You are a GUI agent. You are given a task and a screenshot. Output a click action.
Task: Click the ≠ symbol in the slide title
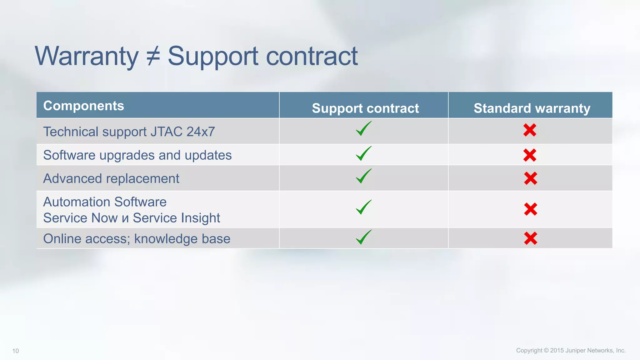click(153, 56)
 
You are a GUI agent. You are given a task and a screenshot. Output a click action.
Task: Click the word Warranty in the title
click(87, 56)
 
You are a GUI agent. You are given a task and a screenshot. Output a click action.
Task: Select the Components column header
click(83, 106)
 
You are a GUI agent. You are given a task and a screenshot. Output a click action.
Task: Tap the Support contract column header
click(365, 108)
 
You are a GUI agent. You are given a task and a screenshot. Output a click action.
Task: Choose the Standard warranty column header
click(532, 108)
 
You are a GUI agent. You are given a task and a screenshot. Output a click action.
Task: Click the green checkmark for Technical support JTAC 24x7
click(363, 129)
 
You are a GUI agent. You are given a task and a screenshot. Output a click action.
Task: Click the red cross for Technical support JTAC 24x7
click(530, 130)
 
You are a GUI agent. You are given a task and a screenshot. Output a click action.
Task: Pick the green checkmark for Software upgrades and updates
click(363, 153)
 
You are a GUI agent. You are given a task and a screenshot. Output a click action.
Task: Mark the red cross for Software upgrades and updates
click(530, 155)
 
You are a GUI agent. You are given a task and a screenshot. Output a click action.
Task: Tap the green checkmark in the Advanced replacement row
click(363, 176)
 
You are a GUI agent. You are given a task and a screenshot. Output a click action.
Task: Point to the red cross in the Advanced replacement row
click(530, 178)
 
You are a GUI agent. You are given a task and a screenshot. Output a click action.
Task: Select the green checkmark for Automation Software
click(363, 207)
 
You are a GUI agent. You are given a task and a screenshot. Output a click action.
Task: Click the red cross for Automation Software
click(530, 209)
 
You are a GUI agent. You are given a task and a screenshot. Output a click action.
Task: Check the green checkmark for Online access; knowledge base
click(363, 237)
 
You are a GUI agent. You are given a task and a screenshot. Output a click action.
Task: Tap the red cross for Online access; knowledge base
click(530, 238)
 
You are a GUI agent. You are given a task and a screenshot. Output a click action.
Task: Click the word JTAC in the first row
click(166, 132)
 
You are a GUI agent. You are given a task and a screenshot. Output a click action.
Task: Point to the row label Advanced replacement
click(111, 178)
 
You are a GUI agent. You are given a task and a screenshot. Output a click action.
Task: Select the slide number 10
click(16, 351)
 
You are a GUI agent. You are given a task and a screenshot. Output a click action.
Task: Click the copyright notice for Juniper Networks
click(571, 350)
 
